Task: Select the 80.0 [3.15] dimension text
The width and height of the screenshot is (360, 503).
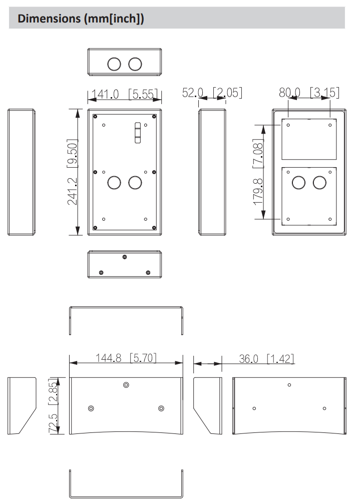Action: pos(309,93)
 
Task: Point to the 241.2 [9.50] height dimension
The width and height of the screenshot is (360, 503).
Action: pos(72,172)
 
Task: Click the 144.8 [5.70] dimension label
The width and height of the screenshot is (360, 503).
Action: pos(126,358)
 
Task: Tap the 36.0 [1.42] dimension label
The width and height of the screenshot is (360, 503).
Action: pos(266,358)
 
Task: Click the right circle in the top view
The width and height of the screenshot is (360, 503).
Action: pos(135,64)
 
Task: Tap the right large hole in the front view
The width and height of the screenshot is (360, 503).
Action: pos(135,182)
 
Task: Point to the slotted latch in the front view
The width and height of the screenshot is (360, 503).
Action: pos(137,133)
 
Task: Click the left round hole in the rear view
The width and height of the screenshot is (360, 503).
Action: pos(299,183)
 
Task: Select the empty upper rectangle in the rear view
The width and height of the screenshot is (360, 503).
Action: pos(308,139)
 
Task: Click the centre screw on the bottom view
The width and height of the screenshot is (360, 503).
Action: pos(125,257)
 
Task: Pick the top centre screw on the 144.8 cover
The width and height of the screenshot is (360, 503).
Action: pos(126,385)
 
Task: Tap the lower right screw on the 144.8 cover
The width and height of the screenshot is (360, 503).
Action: pos(161,408)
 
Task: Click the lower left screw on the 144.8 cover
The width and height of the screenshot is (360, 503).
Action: pos(91,408)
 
